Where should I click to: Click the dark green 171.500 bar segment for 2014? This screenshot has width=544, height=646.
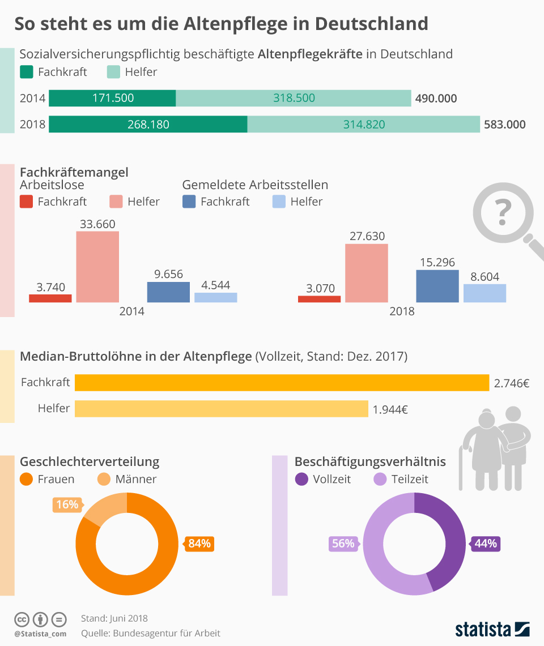click(x=112, y=98)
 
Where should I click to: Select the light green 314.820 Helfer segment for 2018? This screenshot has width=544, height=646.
click(x=363, y=124)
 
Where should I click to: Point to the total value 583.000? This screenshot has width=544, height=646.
click(x=504, y=125)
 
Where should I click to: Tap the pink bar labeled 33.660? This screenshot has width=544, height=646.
click(x=97, y=267)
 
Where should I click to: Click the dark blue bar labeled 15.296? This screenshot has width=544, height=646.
click(x=437, y=286)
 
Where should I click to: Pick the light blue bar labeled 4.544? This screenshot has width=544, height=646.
click(x=215, y=297)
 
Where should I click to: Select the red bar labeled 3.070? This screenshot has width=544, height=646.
click(x=319, y=299)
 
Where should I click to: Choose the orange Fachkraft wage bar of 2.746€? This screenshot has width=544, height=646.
click(x=282, y=383)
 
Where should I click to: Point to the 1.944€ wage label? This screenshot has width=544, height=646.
click(x=390, y=409)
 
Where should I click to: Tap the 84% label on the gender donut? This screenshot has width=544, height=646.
click(x=199, y=544)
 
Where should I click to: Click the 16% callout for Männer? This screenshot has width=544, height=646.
click(x=67, y=504)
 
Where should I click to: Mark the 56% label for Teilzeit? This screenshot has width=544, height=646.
click(x=343, y=544)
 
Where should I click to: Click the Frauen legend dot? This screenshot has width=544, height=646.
click(x=27, y=479)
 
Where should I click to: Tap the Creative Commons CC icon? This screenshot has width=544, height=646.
click(x=22, y=619)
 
